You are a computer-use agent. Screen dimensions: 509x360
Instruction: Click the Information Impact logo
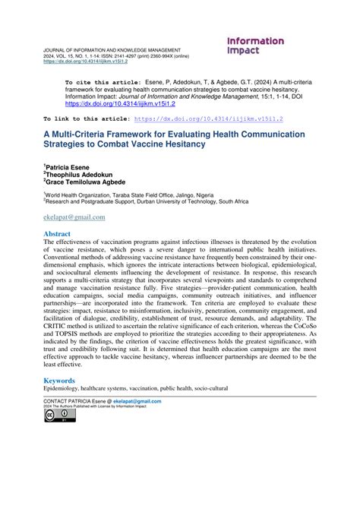click(x=255, y=46)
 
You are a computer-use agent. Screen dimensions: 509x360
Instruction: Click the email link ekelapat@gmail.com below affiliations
click(x=73, y=217)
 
